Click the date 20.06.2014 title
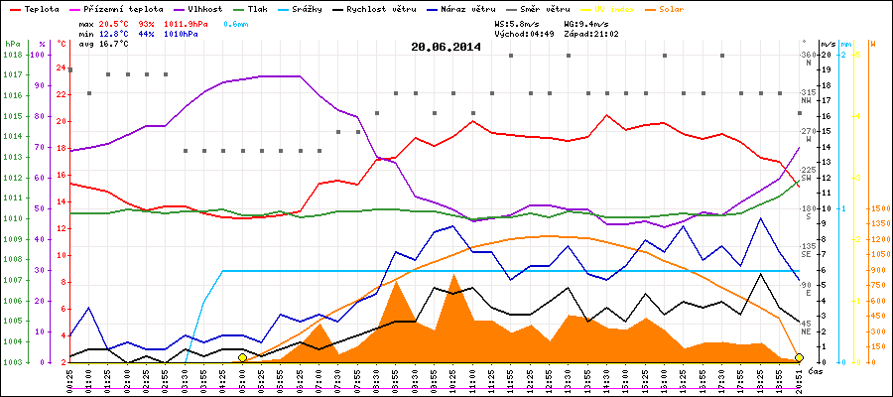[x=446, y=46]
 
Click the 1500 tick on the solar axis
[x=877, y=209]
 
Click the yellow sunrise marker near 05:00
[x=242, y=358]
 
